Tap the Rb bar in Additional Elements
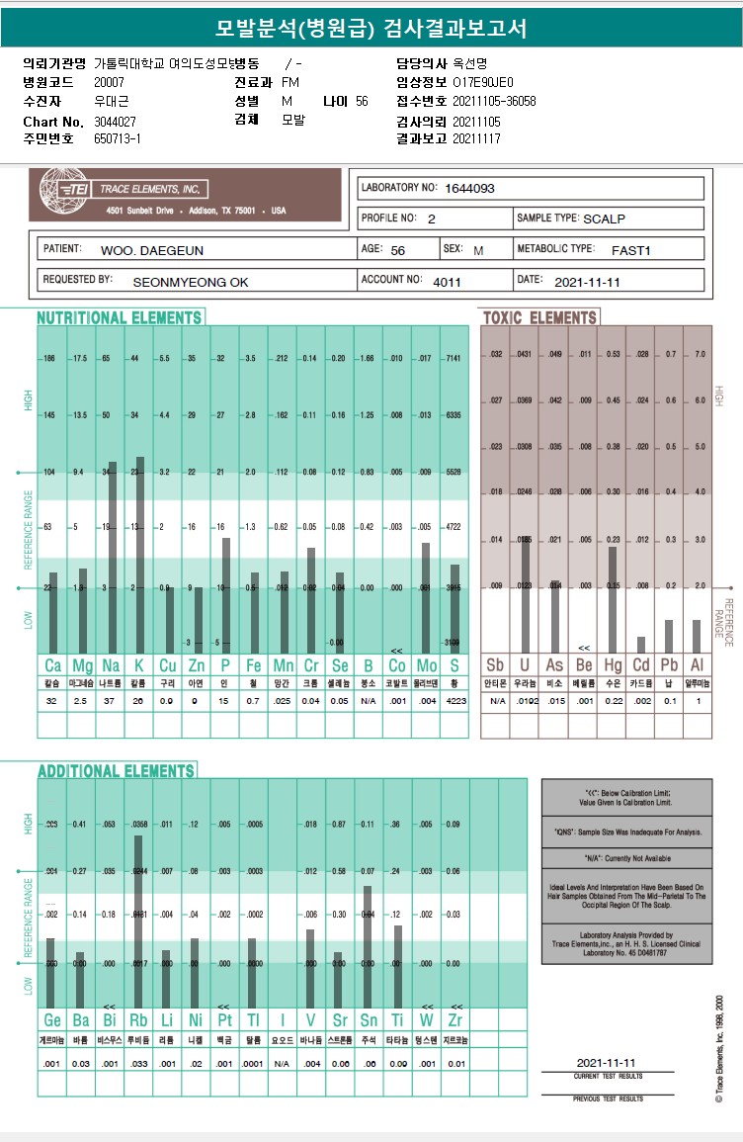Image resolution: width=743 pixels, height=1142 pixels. (139, 920)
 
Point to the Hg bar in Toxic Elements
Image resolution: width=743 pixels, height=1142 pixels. (613, 599)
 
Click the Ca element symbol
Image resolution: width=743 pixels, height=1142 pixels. (52, 664)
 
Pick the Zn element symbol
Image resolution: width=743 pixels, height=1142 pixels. (198, 664)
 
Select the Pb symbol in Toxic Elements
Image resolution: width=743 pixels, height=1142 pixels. (669, 664)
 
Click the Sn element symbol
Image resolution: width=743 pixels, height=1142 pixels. (368, 1018)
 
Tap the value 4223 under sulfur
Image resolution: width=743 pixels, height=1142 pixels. (454, 700)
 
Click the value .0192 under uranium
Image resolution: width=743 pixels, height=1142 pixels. (526, 700)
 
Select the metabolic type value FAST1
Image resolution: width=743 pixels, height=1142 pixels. (630, 250)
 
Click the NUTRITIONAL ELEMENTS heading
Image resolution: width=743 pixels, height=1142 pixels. (120, 317)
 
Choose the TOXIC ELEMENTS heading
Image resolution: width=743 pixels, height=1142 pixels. (539, 317)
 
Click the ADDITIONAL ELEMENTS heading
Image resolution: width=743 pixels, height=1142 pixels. (116, 770)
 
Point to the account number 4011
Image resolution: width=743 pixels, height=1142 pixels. (447, 282)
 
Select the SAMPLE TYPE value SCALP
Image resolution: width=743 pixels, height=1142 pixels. (605, 219)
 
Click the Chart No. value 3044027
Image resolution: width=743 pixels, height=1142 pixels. (115, 121)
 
